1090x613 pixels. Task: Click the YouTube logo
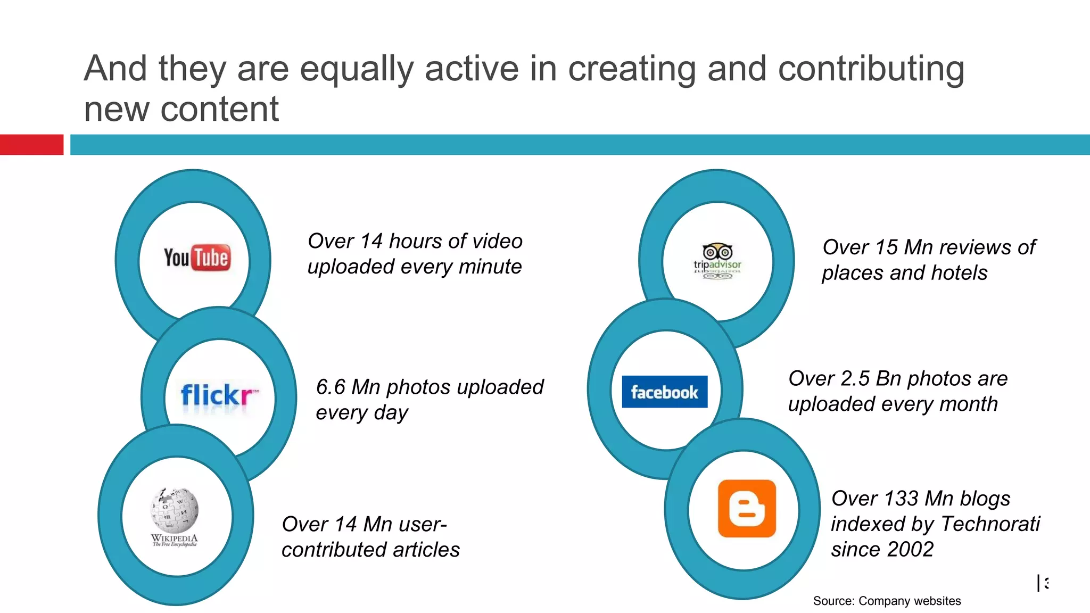(x=197, y=258)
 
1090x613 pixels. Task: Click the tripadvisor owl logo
(x=717, y=261)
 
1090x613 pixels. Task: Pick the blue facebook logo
(x=665, y=392)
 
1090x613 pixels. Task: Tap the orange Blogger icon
(x=747, y=508)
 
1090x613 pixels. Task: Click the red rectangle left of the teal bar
(x=31, y=145)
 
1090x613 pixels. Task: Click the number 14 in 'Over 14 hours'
(x=371, y=242)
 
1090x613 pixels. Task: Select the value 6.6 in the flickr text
(x=331, y=387)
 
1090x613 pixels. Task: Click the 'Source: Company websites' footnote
(x=887, y=601)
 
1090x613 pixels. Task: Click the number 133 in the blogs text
(x=902, y=499)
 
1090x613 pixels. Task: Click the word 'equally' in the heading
(x=356, y=69)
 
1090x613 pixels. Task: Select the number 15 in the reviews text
(x=886, y=247)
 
